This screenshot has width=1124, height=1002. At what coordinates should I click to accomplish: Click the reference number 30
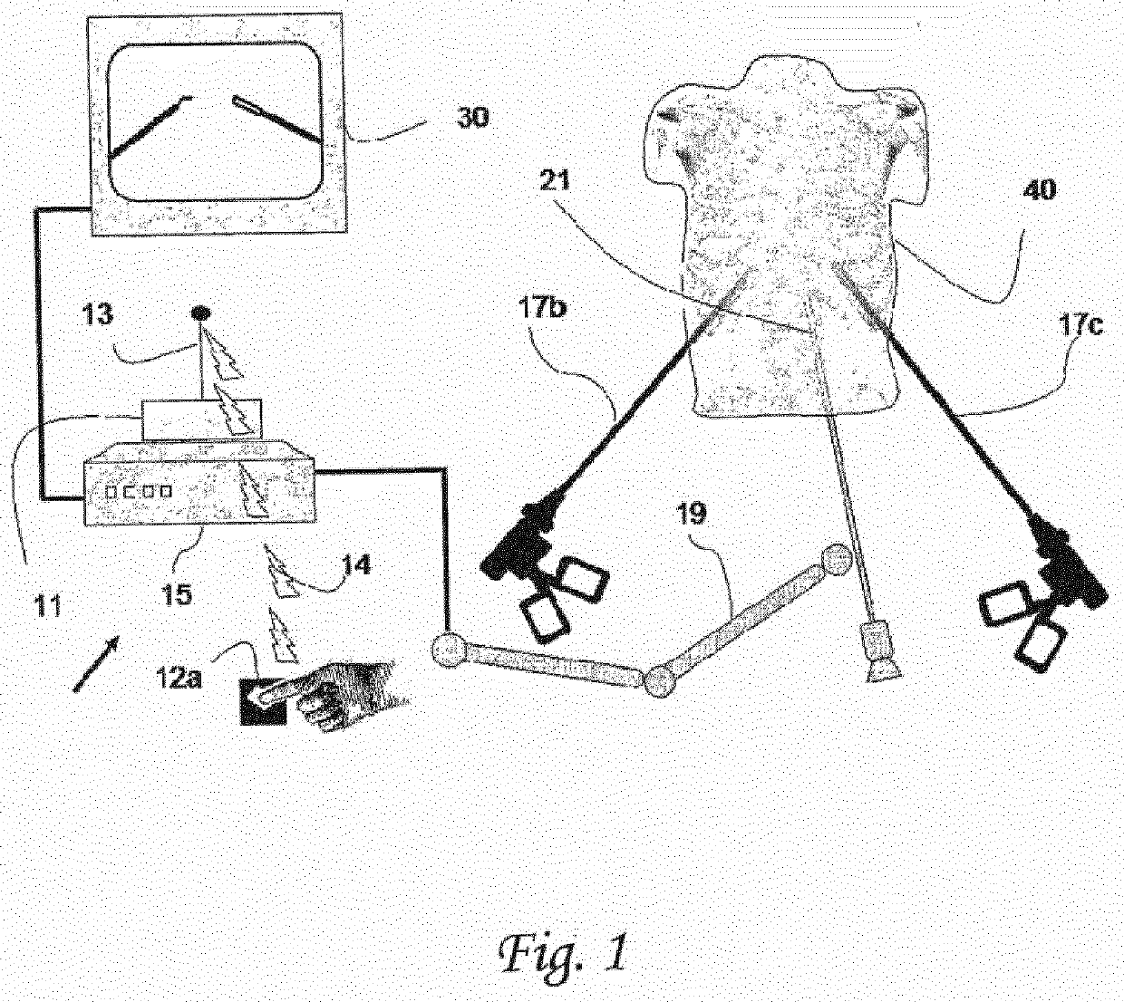click(471, 118)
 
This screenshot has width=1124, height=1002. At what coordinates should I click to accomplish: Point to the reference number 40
click(1039, 191)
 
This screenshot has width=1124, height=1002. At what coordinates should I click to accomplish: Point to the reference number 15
click(178, 594)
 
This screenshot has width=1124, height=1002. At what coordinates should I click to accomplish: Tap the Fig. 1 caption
click(562, 952)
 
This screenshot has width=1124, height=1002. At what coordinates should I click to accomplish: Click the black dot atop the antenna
click(199, 313)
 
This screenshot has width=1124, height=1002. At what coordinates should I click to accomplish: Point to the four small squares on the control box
click(139, 491)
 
